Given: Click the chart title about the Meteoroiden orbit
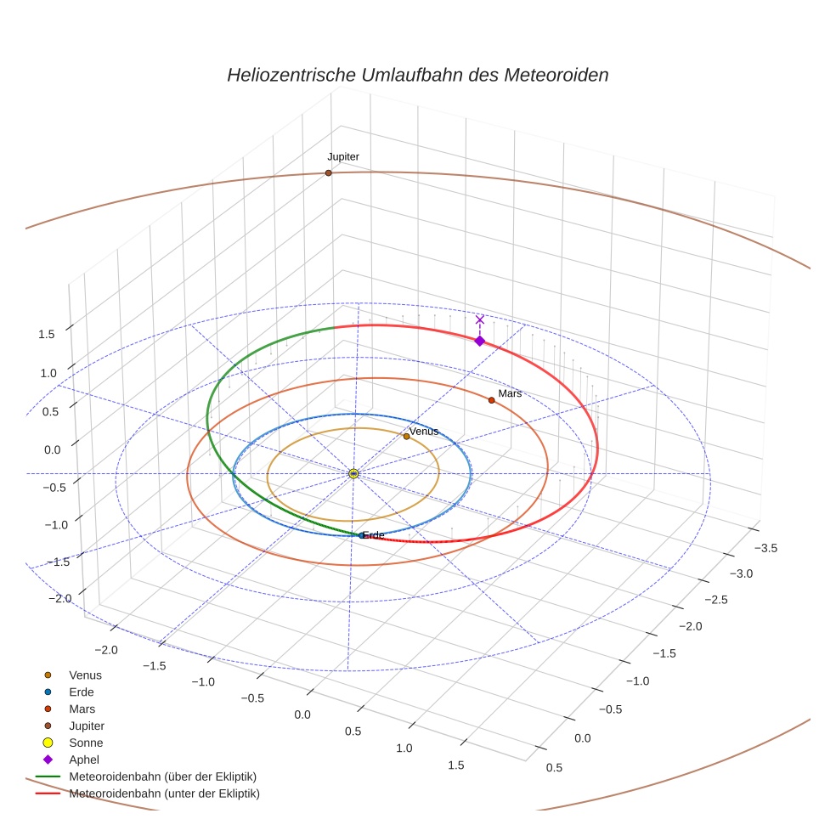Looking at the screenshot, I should [x=417, y=75].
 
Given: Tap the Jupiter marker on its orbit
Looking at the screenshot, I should [x=328, y=173].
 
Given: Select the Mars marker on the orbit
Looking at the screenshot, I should [x=491, y=399].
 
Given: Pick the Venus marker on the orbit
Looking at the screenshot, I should [x=406, y=437].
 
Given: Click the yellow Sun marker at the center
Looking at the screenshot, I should [x=353, y=473].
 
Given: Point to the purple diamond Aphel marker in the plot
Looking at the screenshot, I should [x=479, y=341].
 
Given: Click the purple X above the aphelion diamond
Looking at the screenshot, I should [x=479, y=319].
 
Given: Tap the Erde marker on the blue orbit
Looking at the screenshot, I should [x=362, y=535].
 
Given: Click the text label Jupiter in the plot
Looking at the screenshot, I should [x=343, y=157].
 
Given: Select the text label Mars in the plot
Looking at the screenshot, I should [x=510, y=393].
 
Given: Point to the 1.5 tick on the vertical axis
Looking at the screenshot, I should [x=46, y=334].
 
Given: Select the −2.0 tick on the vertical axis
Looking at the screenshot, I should [x=59, y=599].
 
